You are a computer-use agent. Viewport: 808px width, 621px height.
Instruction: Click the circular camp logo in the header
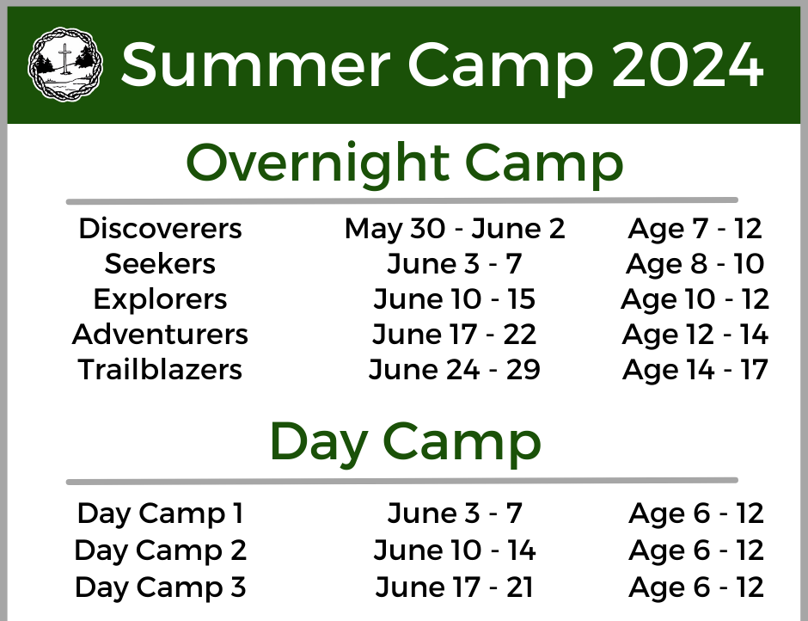[x=65, y=65]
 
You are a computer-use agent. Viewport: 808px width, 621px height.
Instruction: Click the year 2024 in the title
[x=688, y=65]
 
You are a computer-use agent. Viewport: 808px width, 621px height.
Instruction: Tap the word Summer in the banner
[x=255, y=65]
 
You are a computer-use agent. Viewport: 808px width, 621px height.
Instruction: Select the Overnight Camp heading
[x=405, y=163]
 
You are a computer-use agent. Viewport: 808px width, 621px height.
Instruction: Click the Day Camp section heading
[x=405, y=443]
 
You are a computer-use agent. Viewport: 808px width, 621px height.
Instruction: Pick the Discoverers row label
[x=160, y=229]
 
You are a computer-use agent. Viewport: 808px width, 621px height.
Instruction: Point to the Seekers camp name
[x=160, y=263]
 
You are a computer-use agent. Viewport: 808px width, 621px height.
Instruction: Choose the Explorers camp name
[x=160, y=299]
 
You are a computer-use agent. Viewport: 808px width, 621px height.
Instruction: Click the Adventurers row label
[x=160, y=335]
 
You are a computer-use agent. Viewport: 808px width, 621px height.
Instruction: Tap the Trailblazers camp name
[x=160, y=369]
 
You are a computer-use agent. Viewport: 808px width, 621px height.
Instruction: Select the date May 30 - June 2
[x=455, y=229]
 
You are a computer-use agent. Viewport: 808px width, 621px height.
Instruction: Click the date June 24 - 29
[x=455, y=369]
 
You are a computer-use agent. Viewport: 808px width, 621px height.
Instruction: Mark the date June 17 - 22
[x=455, y=335]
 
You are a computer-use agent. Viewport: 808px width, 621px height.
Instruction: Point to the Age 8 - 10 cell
[x=695, y=264]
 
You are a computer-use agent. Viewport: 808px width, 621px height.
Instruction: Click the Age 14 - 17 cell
[x=695, y=370]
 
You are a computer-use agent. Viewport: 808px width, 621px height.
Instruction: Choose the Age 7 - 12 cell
[x=695, y=229]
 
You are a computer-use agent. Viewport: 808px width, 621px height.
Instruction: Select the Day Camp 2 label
[x=160, y=550]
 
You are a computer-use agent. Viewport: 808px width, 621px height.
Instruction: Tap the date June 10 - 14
[x=455, y=550]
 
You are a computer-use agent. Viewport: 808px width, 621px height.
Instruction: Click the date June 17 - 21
[x=455, y=587]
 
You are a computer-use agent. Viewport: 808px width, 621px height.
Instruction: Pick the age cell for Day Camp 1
[x=696, y=513]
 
